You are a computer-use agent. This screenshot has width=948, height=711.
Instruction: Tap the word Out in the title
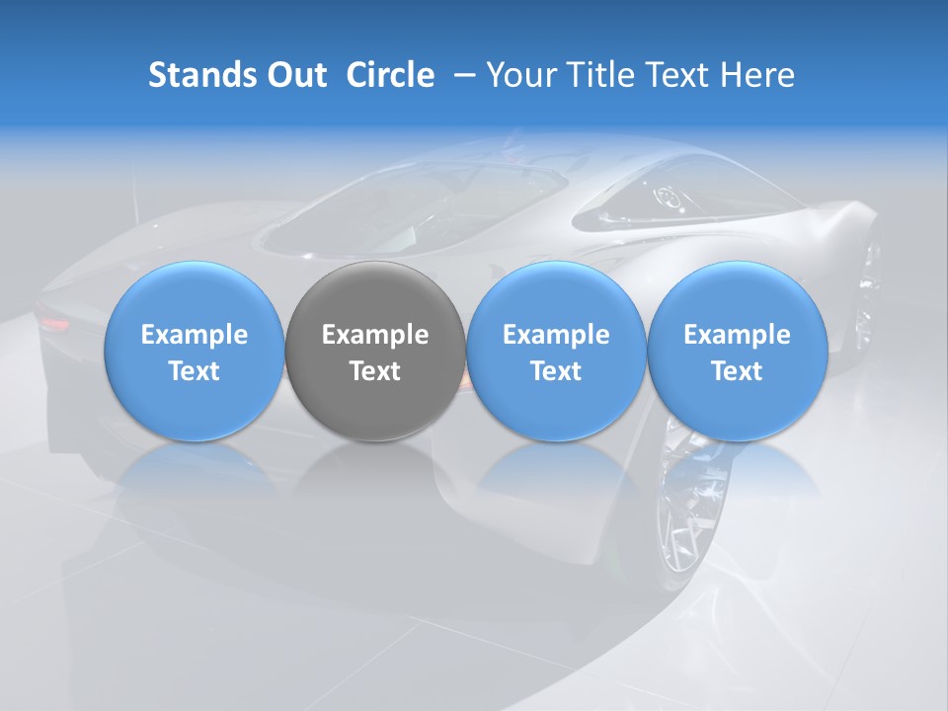pos(295,75)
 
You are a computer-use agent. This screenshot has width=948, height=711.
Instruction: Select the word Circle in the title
pos(390,75)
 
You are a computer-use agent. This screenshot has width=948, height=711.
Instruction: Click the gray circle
pos(375,351)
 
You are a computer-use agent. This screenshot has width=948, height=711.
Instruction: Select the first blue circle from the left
pos(195,351)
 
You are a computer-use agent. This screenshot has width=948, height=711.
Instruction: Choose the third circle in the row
pos(556,351)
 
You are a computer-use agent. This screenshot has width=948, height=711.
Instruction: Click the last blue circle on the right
pos(737,351)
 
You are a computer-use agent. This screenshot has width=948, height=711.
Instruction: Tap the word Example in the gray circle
pos(375,335)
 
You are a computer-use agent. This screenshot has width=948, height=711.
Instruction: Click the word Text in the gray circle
pos(375,371)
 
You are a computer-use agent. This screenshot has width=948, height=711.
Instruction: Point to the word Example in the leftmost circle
pos(195,335)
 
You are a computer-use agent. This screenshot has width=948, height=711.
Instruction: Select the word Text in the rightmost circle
pos(737,371)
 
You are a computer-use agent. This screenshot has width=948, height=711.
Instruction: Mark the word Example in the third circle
pos(556,335)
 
